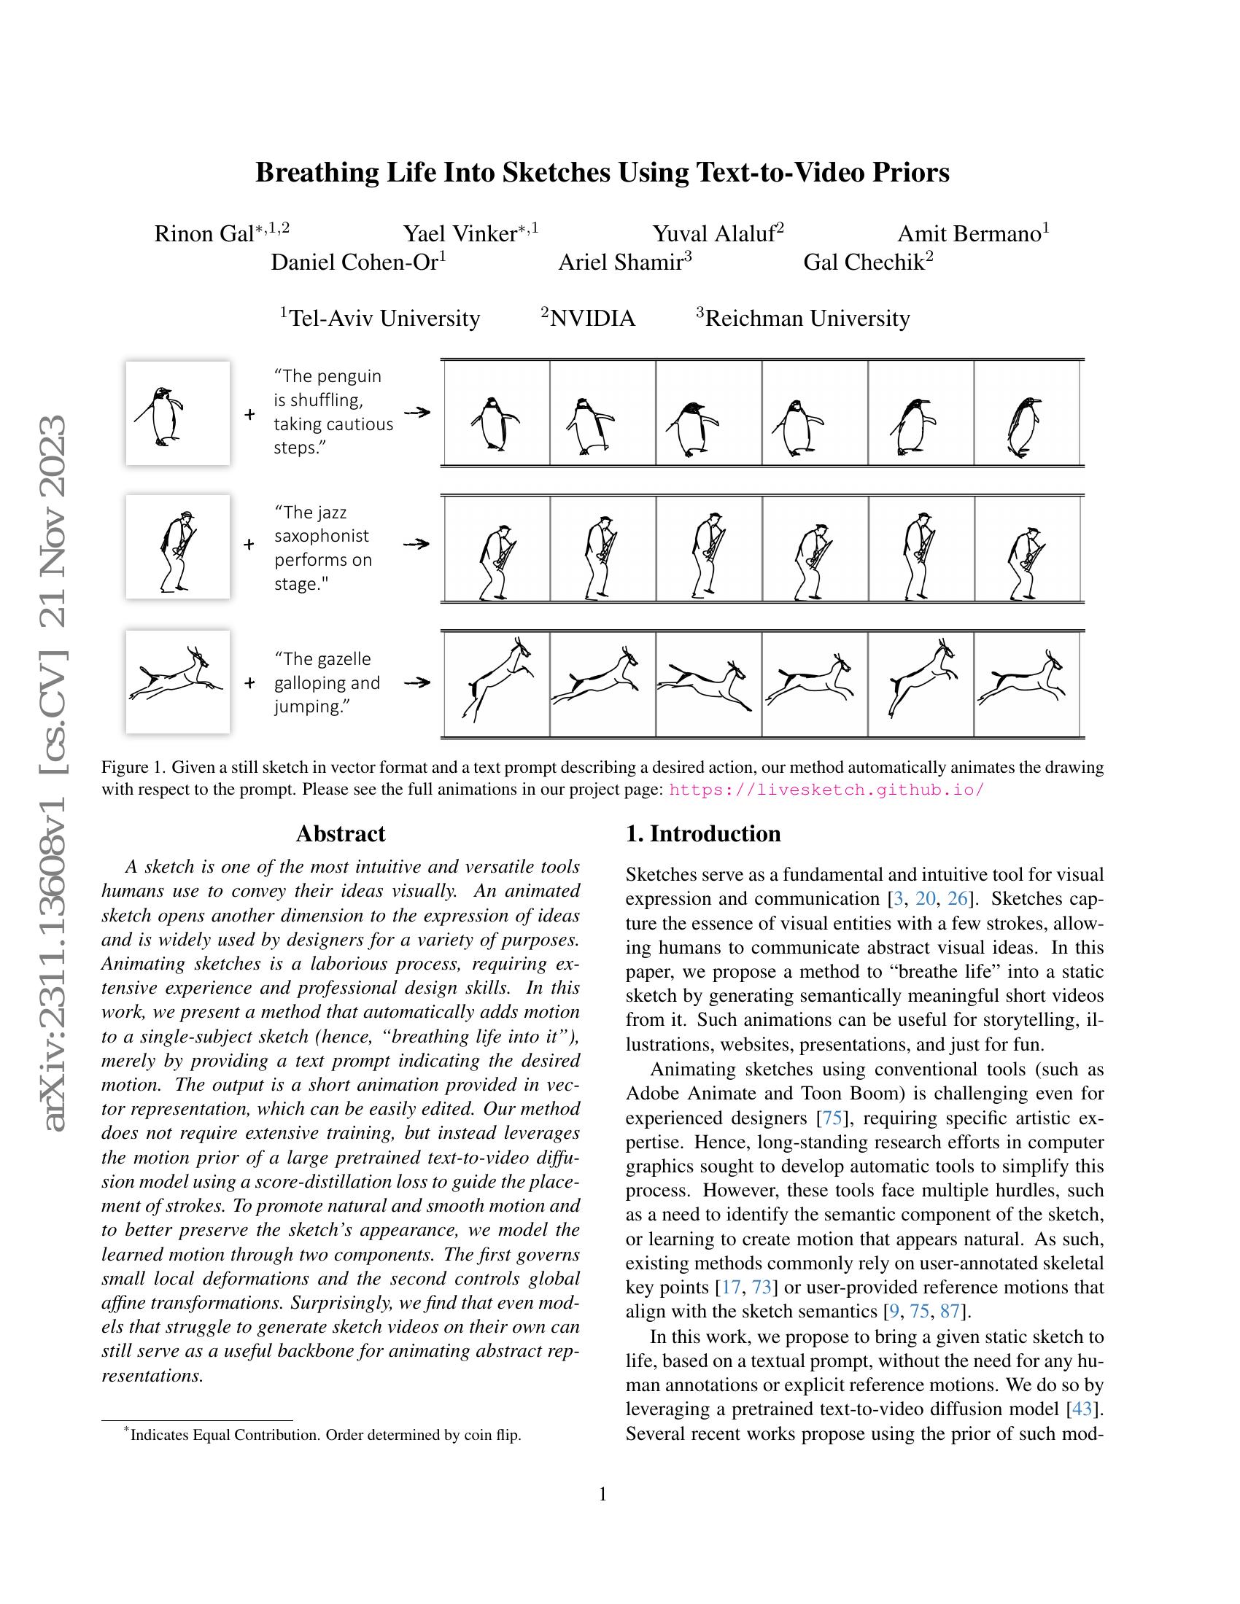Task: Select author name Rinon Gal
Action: (x=204, y=233)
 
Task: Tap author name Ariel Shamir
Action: (x=621, y=262)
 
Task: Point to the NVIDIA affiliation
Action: (x=592, y=319)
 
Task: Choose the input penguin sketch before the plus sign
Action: (x=178, y=413)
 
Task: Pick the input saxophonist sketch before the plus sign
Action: (x=178, y=546)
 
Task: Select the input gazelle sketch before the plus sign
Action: (x=178, y=682)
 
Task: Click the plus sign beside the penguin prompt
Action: (x=249, y=414)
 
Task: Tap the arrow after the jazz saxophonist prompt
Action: (x=416, y=544)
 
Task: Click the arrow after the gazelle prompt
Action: (x=416, y=682)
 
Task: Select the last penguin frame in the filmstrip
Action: (x=1026, y=413)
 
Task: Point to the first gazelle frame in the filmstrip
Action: (x=497, y=683)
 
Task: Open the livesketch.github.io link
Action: (x=826, y=790)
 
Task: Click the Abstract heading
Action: (x=340, y=833)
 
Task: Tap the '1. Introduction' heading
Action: (x=702, y=833)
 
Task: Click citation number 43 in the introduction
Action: (x=1082, y=1409)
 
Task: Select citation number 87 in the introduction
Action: (x=950, y=1311)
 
